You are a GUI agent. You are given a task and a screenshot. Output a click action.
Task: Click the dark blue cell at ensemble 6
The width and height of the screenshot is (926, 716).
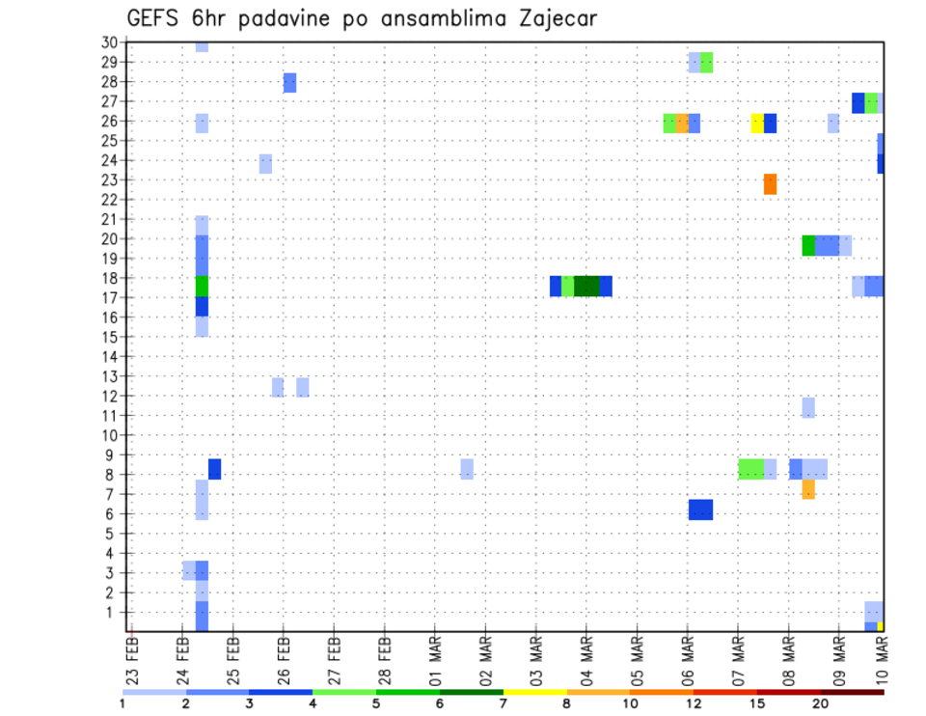[x=700, y=509]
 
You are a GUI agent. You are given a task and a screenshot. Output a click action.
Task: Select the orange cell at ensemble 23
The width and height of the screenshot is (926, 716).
[x=770, y=183]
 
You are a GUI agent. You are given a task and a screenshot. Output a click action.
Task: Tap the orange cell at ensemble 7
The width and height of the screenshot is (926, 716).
[x=808, y=489]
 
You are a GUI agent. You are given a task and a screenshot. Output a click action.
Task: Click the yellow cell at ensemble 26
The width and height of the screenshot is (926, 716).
[x=757, y=124]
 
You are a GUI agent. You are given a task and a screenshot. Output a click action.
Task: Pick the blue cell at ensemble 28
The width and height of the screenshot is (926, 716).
[x=289, y=83]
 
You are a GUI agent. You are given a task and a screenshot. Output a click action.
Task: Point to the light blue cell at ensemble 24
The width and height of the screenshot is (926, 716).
[x=265, y=163]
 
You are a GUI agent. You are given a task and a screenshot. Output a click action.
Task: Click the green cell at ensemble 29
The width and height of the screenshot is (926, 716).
[x=706, y=63]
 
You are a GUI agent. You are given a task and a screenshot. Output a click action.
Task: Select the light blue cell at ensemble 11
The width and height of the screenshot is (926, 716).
[x=808, y=407]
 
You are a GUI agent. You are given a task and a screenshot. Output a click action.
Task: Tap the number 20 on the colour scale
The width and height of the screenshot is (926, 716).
[x=821, y=703]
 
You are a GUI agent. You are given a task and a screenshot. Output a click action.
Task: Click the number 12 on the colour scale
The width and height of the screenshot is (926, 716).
[x=694, y=703]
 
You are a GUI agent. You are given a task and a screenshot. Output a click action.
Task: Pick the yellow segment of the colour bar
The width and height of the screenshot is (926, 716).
[x=535, y=692]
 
